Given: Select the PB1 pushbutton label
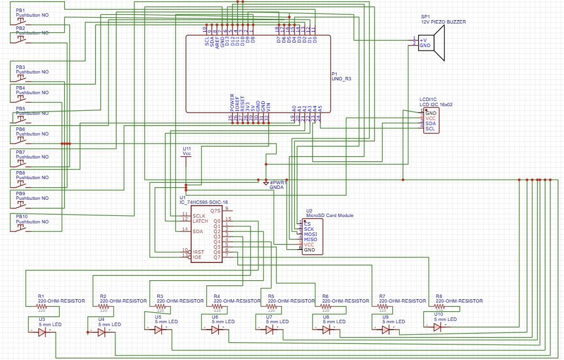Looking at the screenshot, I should coord(21,10).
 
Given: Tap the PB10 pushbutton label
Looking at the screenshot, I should coord(22,216).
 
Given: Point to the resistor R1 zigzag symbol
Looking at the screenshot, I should coord(41,306).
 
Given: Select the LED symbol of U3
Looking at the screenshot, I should coord(42,332).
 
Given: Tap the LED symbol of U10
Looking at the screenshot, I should coord(438,327).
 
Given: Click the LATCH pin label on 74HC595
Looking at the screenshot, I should coord(200,220).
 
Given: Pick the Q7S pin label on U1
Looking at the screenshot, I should coord(215,211).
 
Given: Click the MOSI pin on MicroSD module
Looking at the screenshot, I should coord(310,234).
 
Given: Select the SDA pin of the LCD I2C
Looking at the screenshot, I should coord(430,123).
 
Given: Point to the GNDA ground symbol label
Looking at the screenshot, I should coord(277,187).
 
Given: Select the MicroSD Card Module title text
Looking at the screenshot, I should coord(330,215).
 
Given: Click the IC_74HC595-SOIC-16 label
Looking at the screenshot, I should coord(204,202).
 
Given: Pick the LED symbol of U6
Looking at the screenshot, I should coord(215,330).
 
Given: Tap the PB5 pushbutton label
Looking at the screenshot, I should coord(21,109).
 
